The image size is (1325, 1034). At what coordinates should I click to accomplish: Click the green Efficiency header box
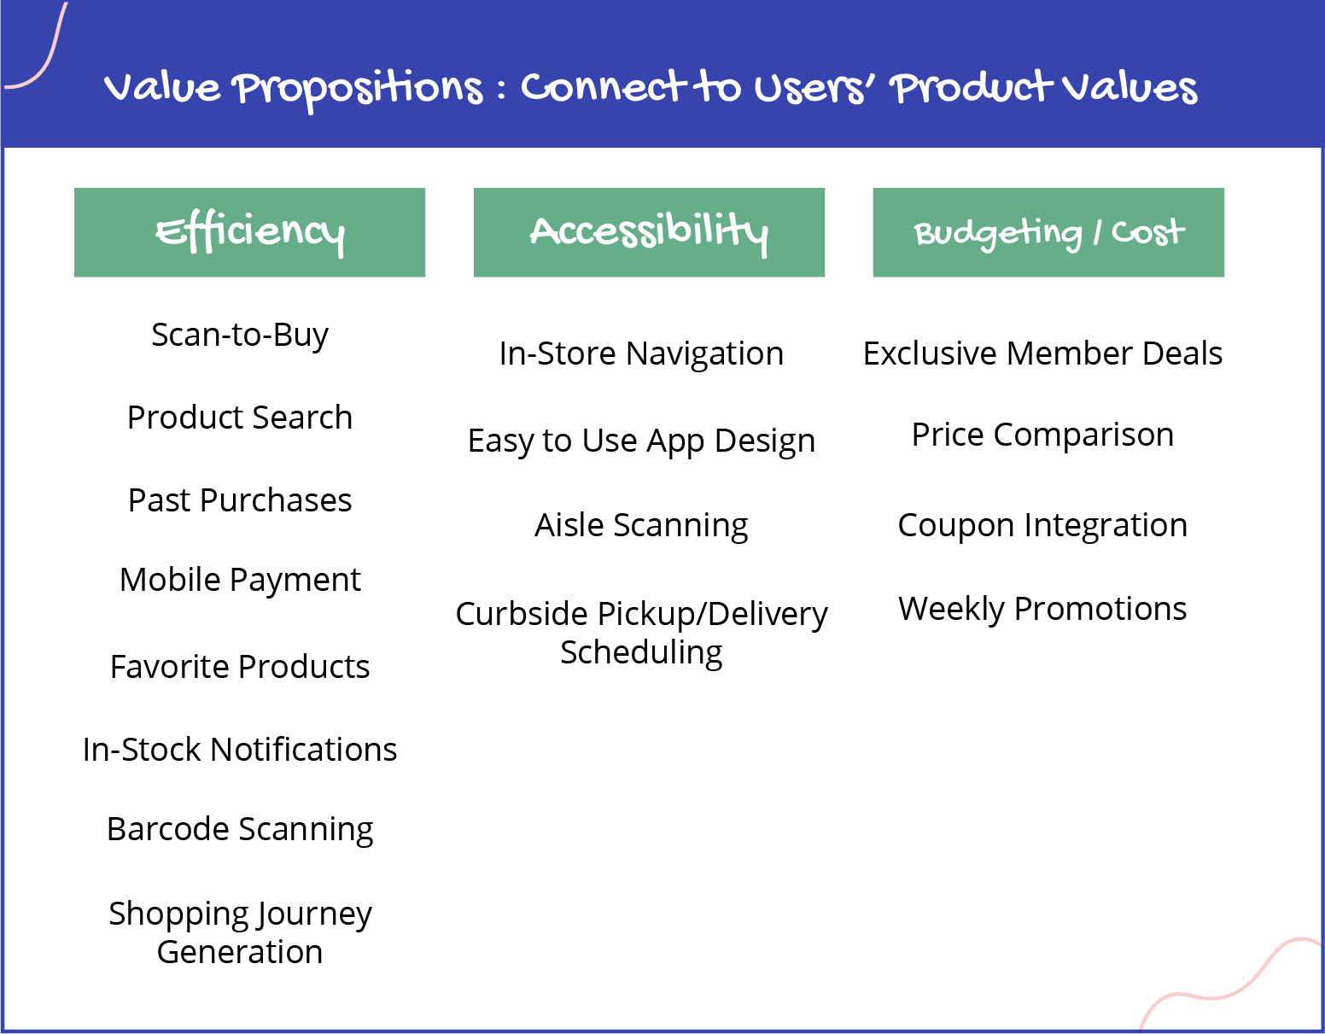(x=249, y=232)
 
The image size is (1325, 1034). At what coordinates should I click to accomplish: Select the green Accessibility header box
(x=649, y=232)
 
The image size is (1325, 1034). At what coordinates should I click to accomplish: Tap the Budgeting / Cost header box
(x=1048, y=232)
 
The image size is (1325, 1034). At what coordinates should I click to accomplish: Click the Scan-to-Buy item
(x=240, y=336)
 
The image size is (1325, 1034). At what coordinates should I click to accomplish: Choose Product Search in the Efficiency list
(x=240, y=418)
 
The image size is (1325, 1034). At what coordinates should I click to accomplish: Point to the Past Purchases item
(x=240, y=500)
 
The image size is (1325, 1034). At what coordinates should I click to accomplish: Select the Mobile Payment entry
(x=240, y=581)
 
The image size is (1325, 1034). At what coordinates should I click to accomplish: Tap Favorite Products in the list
(x=240, y=666)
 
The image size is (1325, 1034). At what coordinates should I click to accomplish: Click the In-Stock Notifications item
(x=240, y=750)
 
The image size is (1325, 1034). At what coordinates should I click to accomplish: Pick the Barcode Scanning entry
(x=240, y=830)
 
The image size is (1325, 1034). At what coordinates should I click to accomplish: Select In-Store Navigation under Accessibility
(x=641, y=353)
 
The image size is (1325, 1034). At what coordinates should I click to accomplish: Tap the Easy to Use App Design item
(x=641, y=441)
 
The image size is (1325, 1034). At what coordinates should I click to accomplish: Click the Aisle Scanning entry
(x=641, y=525)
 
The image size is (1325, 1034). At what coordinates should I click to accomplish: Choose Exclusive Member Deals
(x=1042, y=353)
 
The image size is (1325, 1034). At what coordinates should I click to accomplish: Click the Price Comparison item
(x=1042, y=436)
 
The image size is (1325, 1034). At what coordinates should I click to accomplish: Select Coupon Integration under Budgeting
(x=1042, y=525)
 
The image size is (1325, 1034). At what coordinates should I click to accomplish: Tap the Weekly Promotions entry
(x=1042, y=609)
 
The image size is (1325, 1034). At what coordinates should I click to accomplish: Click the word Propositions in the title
(x=359, y=90)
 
